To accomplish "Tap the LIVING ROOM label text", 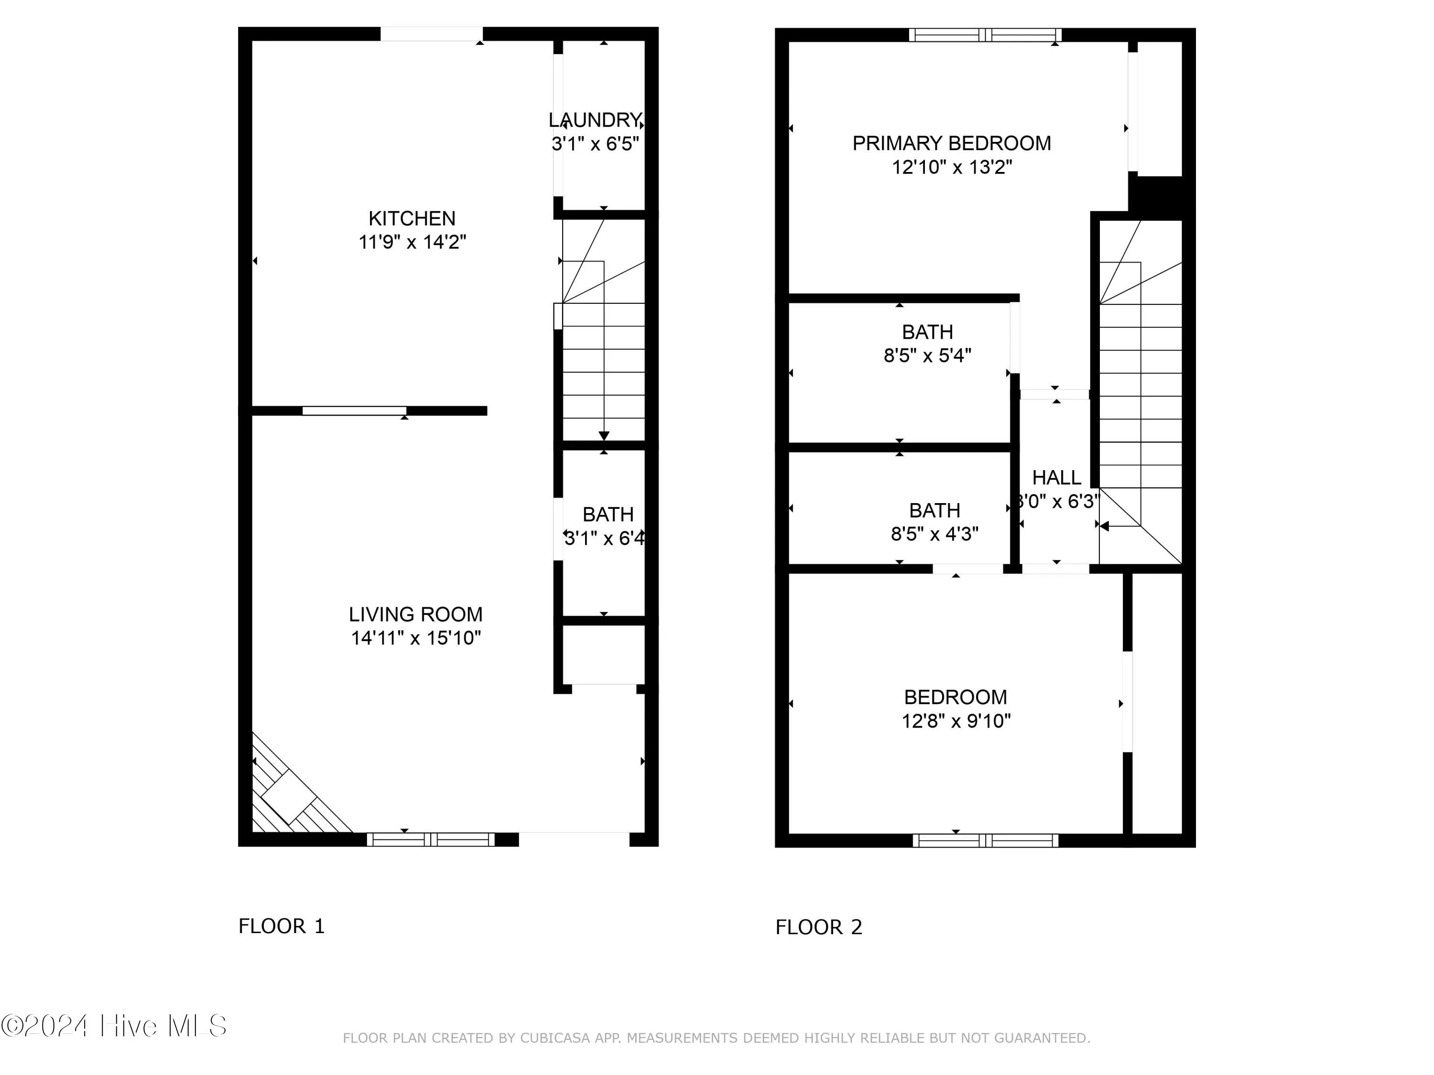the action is click(x=415, y=614).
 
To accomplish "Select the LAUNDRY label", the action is click(x=595, y=120).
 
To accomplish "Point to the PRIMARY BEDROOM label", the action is click(x=952, y=143).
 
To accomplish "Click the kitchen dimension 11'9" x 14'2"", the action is click(x=413, y=242).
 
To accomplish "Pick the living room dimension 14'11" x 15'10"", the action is click(x=415, y=638).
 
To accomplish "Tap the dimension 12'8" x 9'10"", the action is click(x=956, y=721).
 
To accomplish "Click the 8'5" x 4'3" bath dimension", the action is click(x=935, y=534).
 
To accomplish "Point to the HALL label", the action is click(x=1057, y=478).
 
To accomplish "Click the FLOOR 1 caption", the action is click(x=282, y=926).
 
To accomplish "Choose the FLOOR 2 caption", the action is click(x=819, y=927).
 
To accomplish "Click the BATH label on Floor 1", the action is click(x=608, y=515).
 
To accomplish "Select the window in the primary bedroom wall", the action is click(x=985, y=35).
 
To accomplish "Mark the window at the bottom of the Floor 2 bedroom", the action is click(x=985, y=840).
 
